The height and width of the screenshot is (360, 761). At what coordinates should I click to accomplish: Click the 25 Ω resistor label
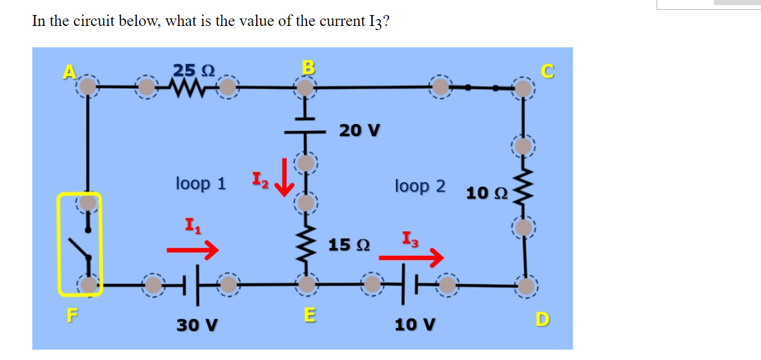[194, 70]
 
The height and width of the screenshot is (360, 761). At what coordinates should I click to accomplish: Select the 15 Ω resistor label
[349, 245]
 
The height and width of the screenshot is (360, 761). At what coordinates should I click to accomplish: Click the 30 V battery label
[197, 325]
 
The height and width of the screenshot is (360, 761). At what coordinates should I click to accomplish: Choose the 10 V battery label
[415, 325]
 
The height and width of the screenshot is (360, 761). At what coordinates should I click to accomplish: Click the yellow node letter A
[69, 72]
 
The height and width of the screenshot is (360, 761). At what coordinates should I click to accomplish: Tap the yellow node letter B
[309, 67]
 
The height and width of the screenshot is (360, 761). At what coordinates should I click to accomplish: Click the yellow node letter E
[310, 315]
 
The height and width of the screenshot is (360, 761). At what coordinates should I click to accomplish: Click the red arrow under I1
[192, 250]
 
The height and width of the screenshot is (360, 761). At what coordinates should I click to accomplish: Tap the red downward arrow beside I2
[284, 183]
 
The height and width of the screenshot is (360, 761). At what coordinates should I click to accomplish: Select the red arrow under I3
[418, 256]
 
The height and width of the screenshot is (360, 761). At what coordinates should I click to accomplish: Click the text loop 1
[201, 183]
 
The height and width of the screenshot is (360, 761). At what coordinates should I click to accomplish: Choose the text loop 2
[420, 186]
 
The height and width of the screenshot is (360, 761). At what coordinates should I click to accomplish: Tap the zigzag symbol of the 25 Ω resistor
[187, 88]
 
